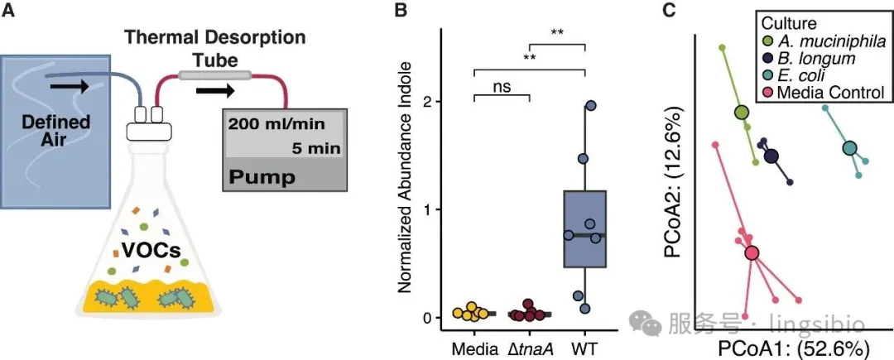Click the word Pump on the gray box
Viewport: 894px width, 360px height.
point(262,177)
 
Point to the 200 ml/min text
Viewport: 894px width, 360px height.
point(277,123)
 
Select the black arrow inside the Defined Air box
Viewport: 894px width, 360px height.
point(69,87)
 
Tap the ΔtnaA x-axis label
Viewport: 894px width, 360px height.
point(528,348)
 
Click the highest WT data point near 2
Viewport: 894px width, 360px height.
point(591,105)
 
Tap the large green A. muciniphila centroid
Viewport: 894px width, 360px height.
point(741,113)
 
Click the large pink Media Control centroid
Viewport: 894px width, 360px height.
point(752,253)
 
